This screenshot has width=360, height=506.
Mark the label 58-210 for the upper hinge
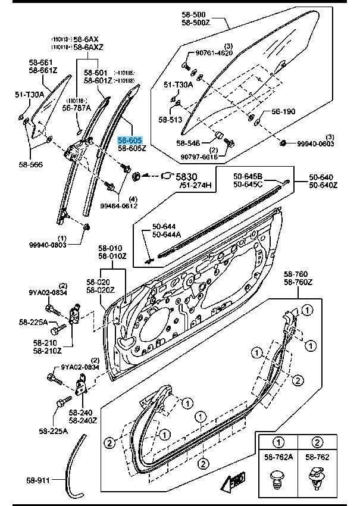coord(45,343)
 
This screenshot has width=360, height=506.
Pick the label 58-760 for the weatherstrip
coord(297,275)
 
